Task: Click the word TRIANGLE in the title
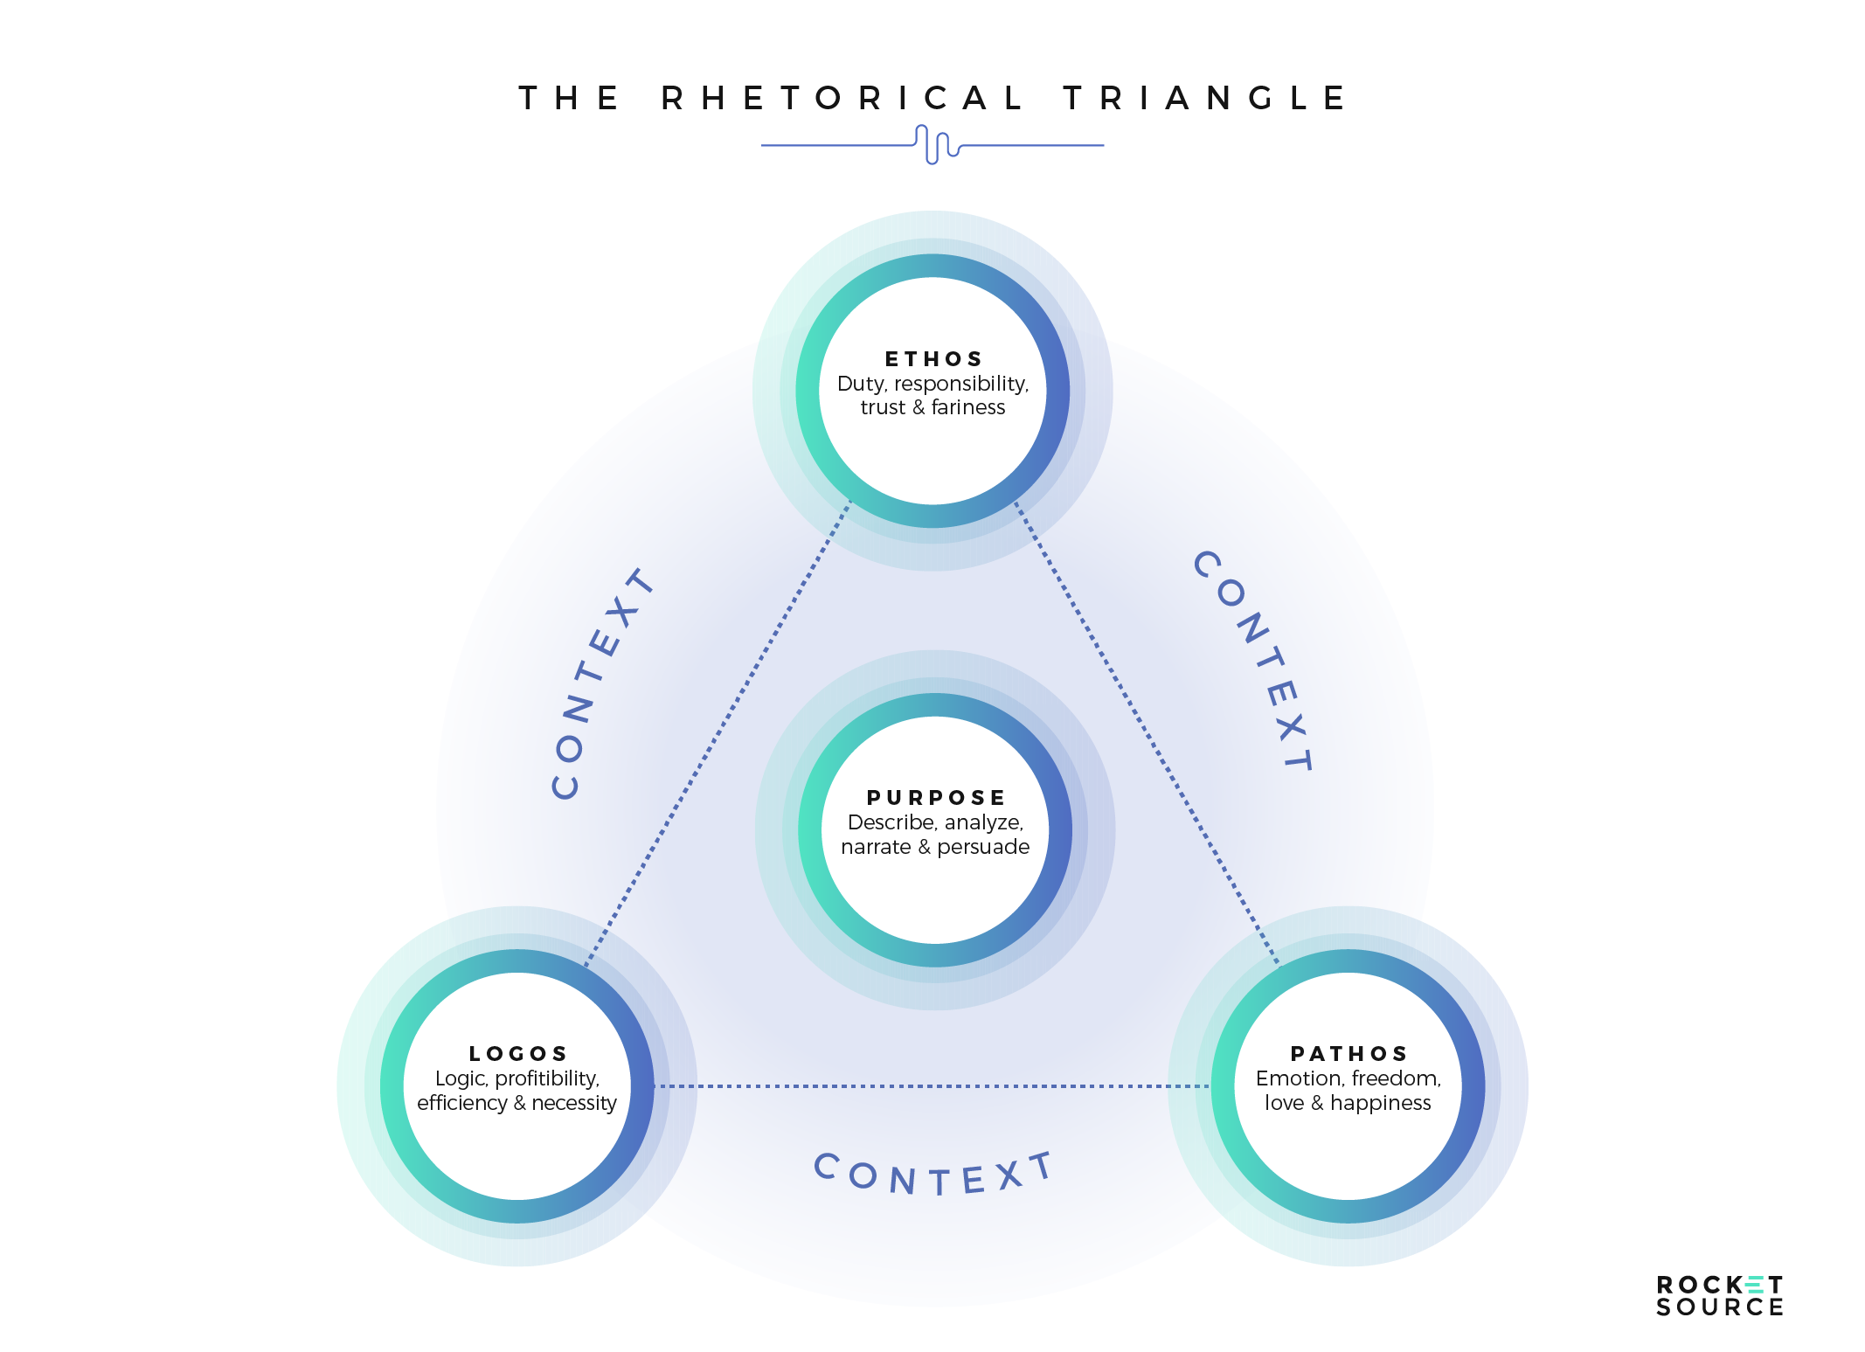point(1204,98)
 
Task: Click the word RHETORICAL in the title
point(842,98)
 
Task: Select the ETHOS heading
point(933,359)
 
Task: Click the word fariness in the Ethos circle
point(968,407)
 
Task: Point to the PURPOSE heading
point(936,798)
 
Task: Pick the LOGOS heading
point(518,1054)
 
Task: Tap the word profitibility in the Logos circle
point(547,1078)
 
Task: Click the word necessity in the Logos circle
point(574,1103)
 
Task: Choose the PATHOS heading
point(1348,1054)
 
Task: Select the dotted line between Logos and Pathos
point(932,1086)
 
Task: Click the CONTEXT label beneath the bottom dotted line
point(933,1175)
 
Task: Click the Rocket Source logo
point(1719,1296)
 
